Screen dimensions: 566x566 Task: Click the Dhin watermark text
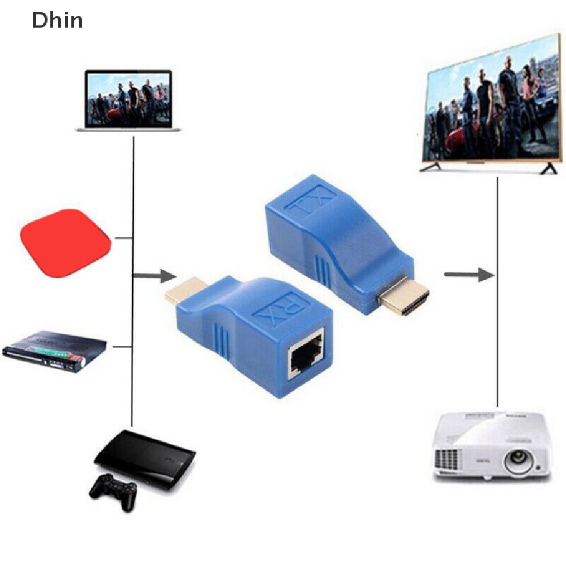coord(57,20)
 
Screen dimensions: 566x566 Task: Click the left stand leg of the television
coord(431,167)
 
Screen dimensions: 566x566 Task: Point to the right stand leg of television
coord(548,167)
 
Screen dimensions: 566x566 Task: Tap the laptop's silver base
coord(129,129)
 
